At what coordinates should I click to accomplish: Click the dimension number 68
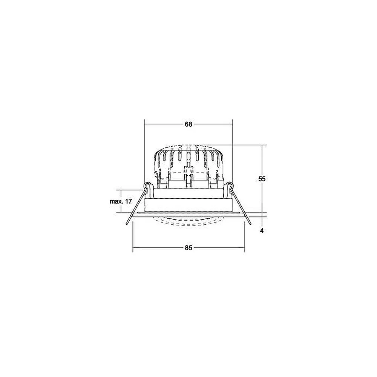point(188,124)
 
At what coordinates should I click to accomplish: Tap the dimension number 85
point(189,248)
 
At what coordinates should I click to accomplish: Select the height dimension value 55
point(262,179)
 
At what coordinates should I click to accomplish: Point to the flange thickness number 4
point(262,231)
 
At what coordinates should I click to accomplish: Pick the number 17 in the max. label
point(129,201)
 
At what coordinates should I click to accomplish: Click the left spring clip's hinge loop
point(147,185)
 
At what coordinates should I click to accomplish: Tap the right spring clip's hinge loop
point(230,185)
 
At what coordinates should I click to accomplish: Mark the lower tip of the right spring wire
point(250,224)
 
